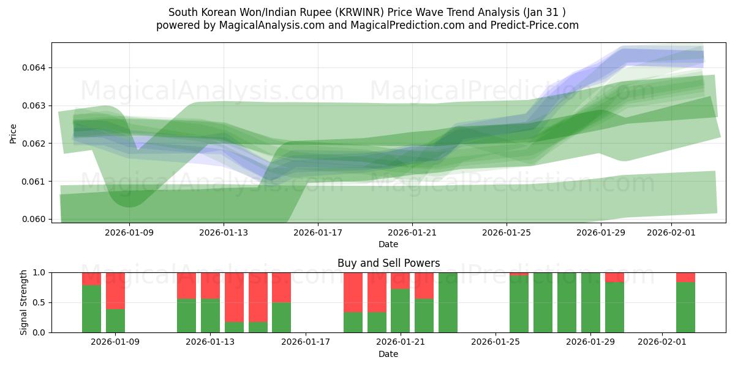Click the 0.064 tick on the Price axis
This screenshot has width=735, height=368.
click(x=37, y=67)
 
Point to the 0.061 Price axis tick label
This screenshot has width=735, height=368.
click(x=37, y=182)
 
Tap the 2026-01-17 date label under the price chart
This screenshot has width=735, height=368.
click(x=317, y=232)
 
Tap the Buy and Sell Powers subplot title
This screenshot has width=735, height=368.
click(x=388, y=263)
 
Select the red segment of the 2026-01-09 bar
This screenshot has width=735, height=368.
click(x=115, y=290)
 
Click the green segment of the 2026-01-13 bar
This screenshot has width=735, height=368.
click(x=210, y=316)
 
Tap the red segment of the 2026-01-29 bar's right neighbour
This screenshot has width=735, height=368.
click(x=614, y=277)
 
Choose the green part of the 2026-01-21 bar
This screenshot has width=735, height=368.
click(x=400, y=311)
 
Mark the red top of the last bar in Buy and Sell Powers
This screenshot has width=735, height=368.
click(x=685, y=277)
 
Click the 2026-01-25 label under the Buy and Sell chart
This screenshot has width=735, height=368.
click(x=495, y=342)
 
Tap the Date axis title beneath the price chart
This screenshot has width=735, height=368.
click(x=388, y=244)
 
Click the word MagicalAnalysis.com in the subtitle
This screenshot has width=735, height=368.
click(x=266, y=25)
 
